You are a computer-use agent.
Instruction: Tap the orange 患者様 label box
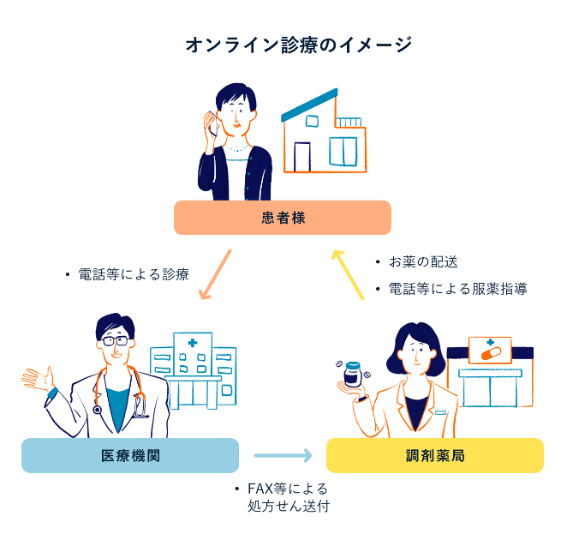pyautogui.click(x=282, y=218)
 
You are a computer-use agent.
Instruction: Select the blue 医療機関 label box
pyautogui.click(x=130, y=455)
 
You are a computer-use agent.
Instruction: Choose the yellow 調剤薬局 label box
pyautogui.click(x=435, y=455)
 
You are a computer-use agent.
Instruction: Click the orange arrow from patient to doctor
pyautogui.click(x=215, y=274)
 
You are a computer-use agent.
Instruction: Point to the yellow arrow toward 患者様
pyautogui.click(x=349, y=273)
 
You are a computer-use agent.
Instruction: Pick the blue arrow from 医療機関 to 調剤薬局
pyautogui.click(x=283, y=456)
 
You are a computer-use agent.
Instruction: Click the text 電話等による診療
pyautogui.click(x=133, y=274)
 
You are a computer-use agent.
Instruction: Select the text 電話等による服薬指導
pyautogui.click(x=457, y=289)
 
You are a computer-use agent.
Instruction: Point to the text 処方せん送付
pyautogui.click(x=288, y=506)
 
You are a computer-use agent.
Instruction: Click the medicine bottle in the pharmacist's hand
pyautogui.click(x=352, y=376)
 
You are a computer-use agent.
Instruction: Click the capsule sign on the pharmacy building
pyautogui.click(x=490, y=351)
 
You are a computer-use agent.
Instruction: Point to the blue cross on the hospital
pyautogui.click(x=193, y=343)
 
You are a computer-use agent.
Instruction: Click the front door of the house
pyautogui.click(x=302, y=156)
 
